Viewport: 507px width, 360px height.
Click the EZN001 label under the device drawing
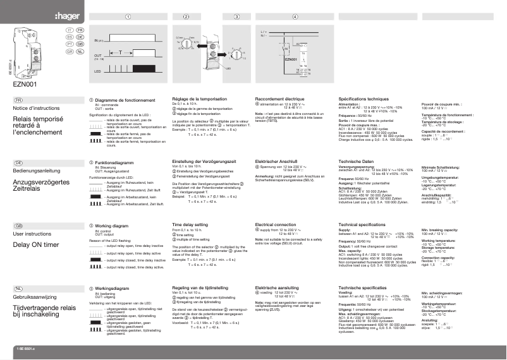[x=25, y=82]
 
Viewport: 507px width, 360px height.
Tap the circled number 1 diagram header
[x=128, y=16]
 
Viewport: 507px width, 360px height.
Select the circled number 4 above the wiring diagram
[x=295, y=16]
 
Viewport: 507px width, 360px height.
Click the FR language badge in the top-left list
[x=80, y=30]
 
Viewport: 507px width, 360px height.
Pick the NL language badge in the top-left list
[x=80, y=52]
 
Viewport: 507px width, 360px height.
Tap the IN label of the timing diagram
[x=97, y=40]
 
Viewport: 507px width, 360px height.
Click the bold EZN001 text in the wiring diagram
[x=291, y=59]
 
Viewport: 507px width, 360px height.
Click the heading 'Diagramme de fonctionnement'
[x=124, y=99]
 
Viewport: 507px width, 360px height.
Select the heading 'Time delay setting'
[x=190, y=224]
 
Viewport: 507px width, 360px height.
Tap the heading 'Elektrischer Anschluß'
[x=278, y=162]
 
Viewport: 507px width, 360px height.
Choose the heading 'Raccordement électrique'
[x=279, y=99]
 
